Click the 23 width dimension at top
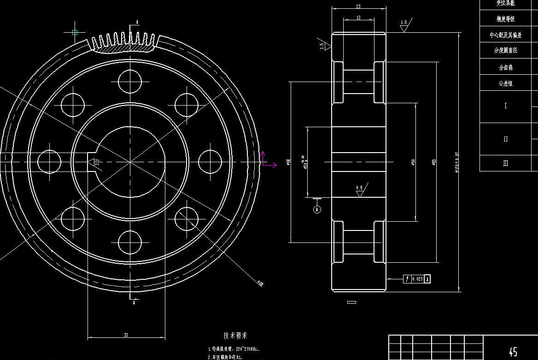pyautogui.click(x=358, y=6)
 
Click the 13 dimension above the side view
pyautogui.click(x=358, y=17)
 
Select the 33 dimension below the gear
pyautogui.click(x=126, y=335)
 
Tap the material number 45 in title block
pyautogui.click(x=513, y=352)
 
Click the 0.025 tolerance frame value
pyautogui.click(x=417, y=279)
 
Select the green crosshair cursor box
pyautogui.click(x=75, y=32)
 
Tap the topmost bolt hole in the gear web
pyautogui.click(x=129, y=81)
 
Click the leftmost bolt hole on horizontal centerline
pyautogui.click(x=49, y=162)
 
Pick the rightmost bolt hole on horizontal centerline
pyautogui.click(x=210, y=162)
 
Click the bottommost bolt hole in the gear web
pyautogui.click(x=129, y=242)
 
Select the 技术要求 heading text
pyautogui.click(x=235, y=336)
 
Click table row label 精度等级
pyautogui.click(x=505, y=19)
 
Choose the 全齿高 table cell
pyautogui.click(x=505, y=67)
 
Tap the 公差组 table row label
pyautogui.click(x=505, y=83)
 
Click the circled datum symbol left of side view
pyautogui.click(x=317, y=209)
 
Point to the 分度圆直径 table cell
pyautogui.click(x=505, y=51)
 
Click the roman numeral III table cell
pyautogui.click(x=505, y=163)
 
